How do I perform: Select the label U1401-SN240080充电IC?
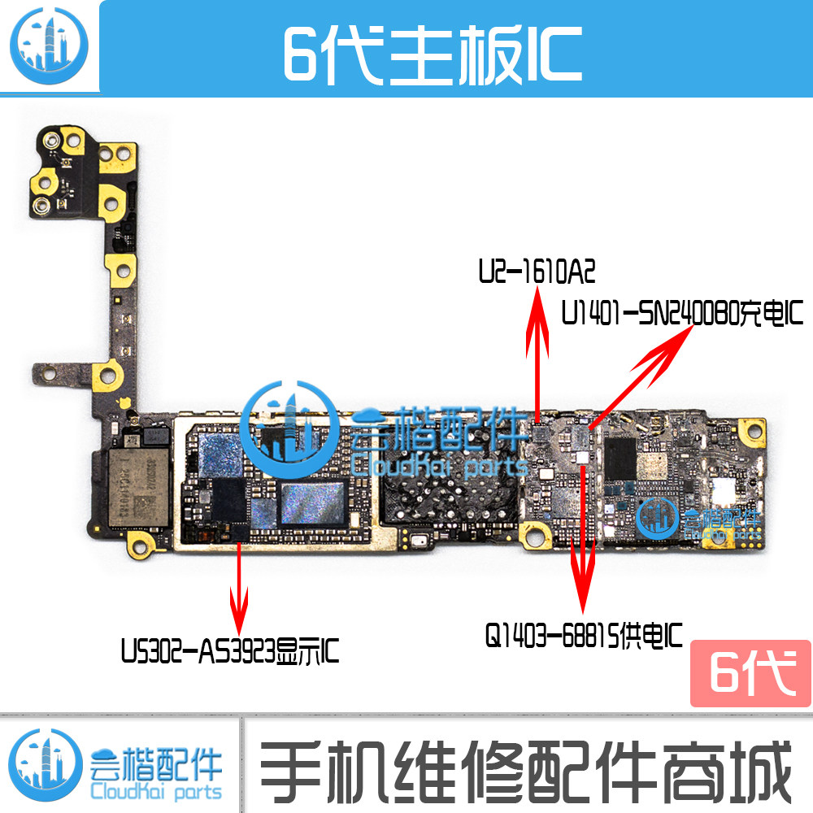(681, 313)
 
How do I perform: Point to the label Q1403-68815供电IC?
(583, 633)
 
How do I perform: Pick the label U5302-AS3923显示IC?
(230, 650)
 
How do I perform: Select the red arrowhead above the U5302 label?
(239, 615)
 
